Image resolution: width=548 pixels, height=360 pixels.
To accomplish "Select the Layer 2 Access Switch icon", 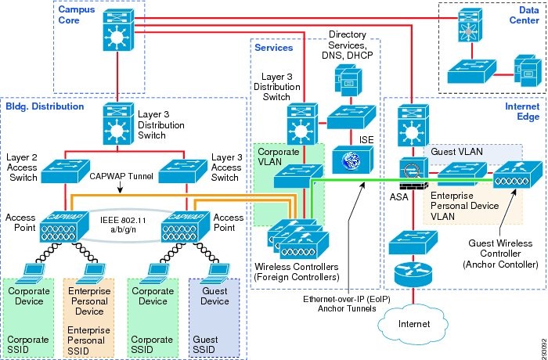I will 65,169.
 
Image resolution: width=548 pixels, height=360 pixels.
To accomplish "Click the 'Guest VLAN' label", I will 454,149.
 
